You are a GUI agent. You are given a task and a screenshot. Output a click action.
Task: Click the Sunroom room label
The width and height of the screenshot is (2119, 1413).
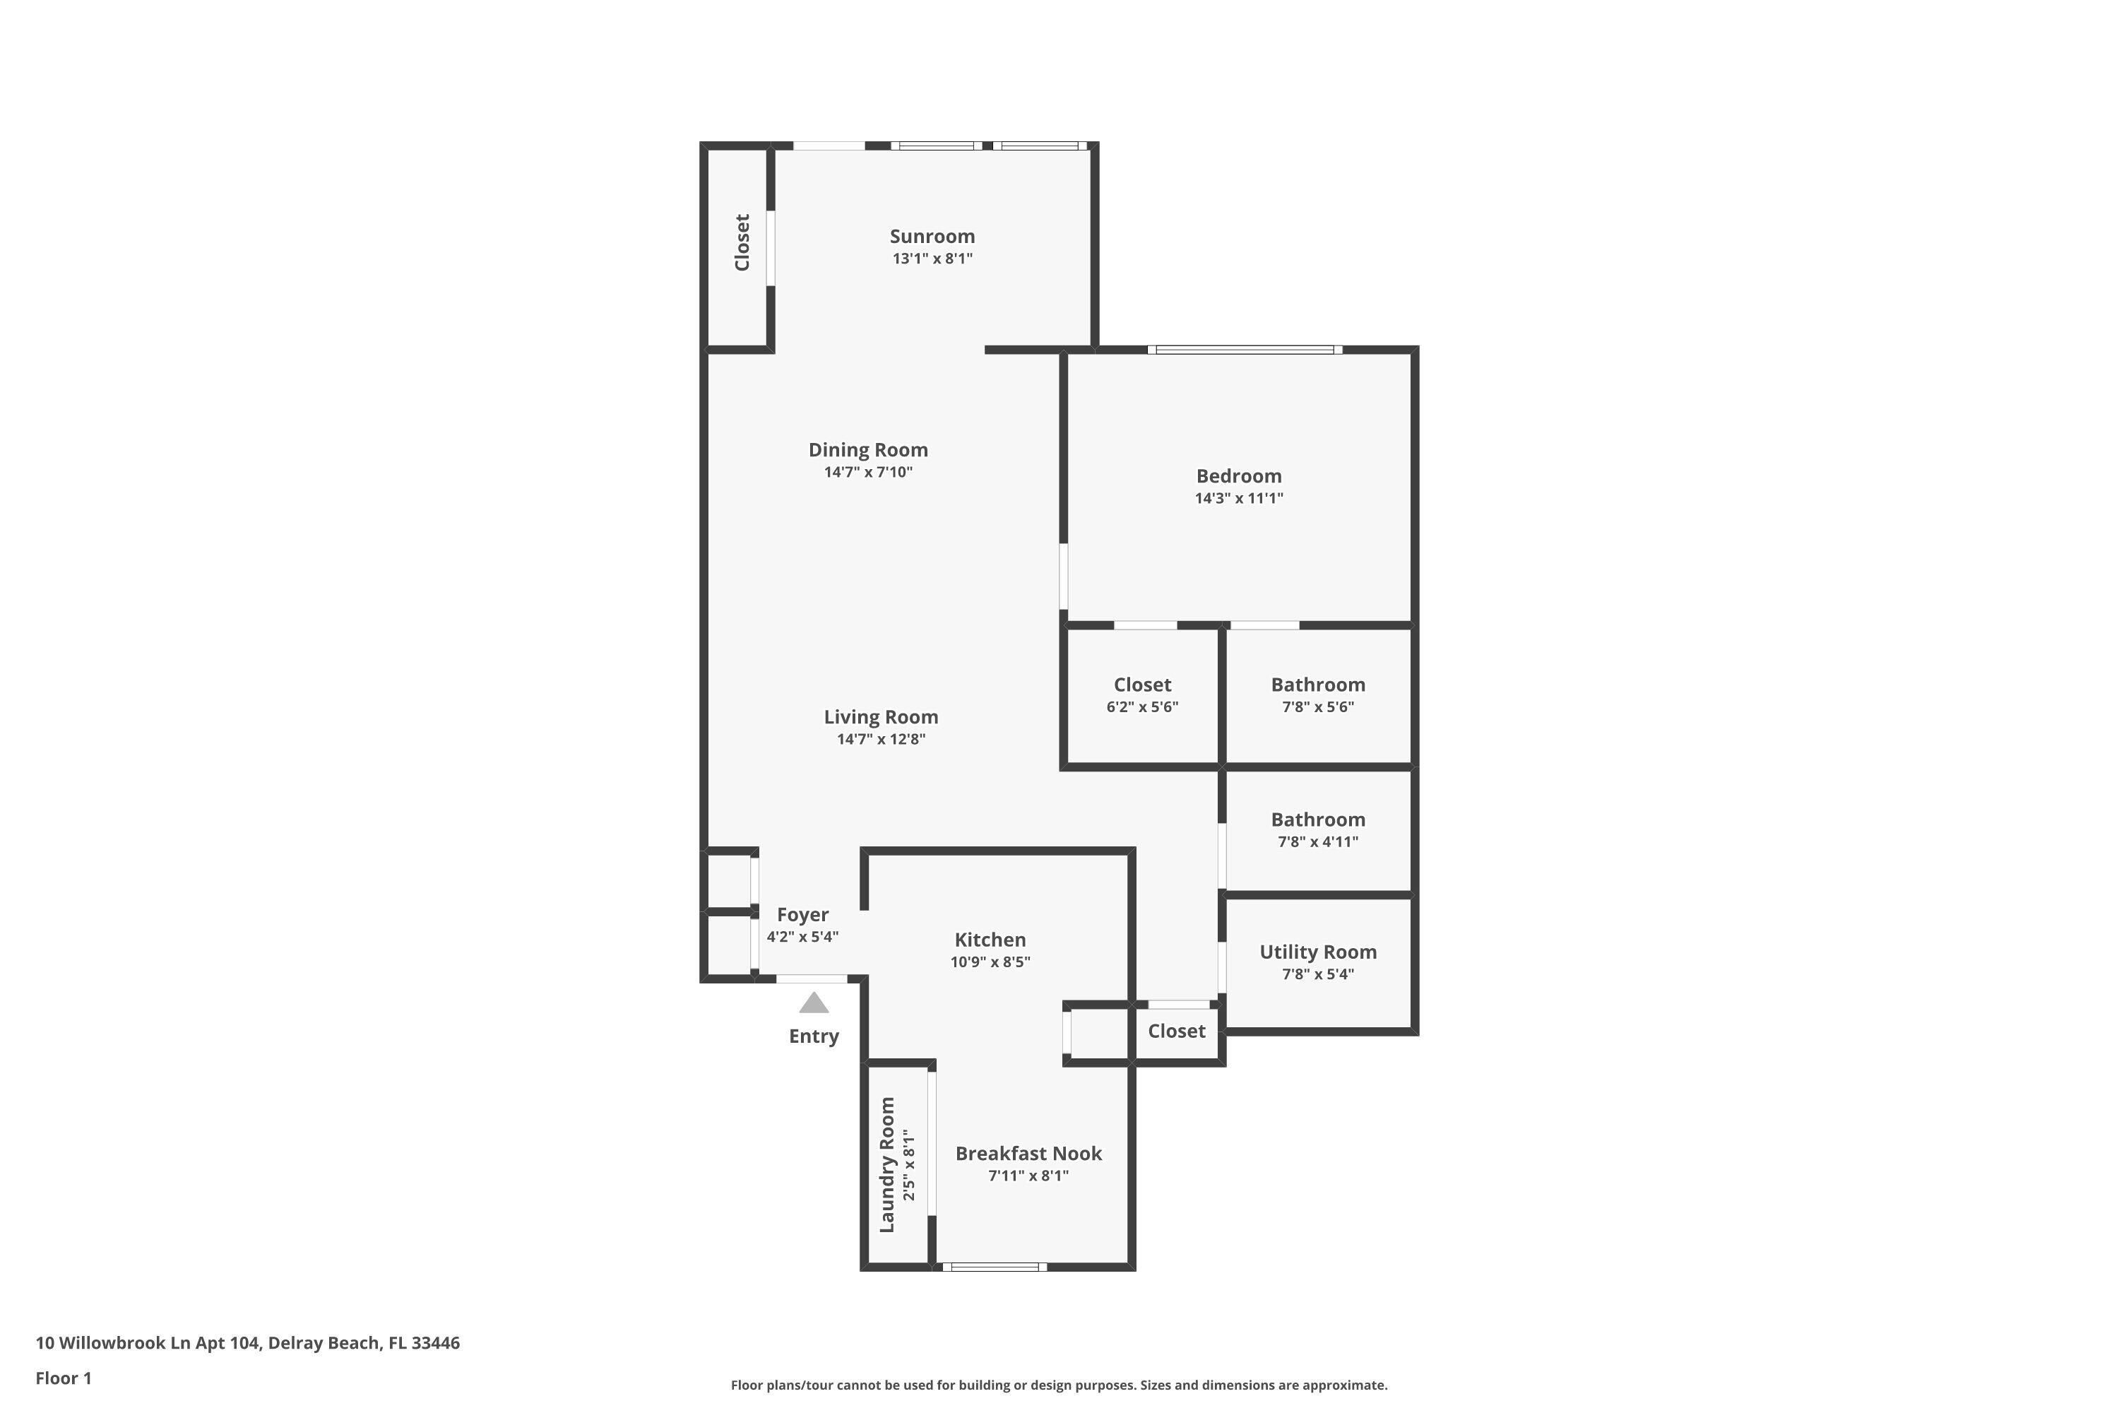(x=932, y=236)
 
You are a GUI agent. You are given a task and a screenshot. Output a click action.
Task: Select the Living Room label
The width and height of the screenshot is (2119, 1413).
(x=880, y=717)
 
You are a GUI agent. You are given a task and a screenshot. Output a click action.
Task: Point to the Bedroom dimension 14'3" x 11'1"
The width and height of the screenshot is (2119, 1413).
(x=1239, y=498)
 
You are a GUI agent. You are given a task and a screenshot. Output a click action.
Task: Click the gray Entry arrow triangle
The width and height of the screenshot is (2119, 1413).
(x=814, y=1003)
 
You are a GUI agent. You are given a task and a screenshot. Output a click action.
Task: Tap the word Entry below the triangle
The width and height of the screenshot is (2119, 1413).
(x=814, y=1037)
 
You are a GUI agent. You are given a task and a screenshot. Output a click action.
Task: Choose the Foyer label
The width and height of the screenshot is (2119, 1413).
(x=802, y=916)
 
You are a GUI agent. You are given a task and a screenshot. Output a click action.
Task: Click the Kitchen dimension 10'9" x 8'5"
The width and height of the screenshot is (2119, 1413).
(x=990, y=962)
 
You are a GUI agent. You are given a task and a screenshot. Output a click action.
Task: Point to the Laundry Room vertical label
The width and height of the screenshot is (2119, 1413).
(x=886, y=1165)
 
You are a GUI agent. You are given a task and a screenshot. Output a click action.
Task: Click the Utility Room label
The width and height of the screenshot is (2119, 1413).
(x=1318, y=952)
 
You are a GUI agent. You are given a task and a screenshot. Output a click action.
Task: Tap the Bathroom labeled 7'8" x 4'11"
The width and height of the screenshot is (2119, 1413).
(x=1318, y=820)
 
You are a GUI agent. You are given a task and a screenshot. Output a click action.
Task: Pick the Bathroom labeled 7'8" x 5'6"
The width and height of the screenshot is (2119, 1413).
(x=1318, y=685)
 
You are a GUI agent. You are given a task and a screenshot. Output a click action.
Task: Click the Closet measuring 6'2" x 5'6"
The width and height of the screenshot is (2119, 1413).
(x=1142, y=685)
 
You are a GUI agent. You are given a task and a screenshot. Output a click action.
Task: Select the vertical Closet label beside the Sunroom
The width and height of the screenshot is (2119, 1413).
(x=742, y=242)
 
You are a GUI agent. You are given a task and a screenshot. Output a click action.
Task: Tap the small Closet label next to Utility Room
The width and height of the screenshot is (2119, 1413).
(x=1176, y=1031)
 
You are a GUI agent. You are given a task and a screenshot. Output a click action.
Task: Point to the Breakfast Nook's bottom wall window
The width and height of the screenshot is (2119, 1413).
(x=995, y=1267)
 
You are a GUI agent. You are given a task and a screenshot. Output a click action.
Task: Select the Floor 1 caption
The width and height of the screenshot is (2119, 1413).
(x=64, y=1378)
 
